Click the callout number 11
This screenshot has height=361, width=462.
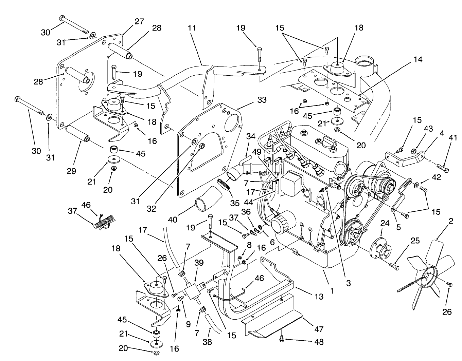192,27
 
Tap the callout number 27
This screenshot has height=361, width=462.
139,21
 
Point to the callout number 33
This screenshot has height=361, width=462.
262,100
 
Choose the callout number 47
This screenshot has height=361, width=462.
319,329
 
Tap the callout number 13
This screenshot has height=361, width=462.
319,297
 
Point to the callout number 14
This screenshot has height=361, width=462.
418,59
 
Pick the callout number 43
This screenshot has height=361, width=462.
428,129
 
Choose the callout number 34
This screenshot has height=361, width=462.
251,137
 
